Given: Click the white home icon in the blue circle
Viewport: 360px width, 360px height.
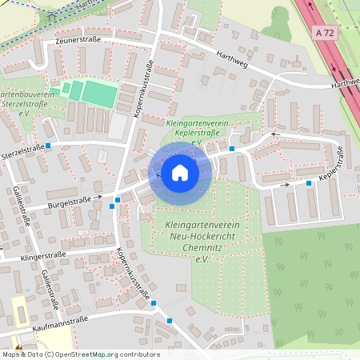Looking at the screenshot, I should coord(179,173).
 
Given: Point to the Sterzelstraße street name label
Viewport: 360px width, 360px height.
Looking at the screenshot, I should coord(22,150).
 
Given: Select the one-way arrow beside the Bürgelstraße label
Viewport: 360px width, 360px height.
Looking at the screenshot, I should coord(99,197).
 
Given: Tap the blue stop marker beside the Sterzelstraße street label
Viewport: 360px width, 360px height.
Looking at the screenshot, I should coord(50,146).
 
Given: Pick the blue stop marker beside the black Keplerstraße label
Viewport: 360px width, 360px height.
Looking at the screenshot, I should coord(309,183).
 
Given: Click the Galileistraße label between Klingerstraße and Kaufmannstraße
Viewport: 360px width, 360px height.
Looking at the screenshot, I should coord(48,289).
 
